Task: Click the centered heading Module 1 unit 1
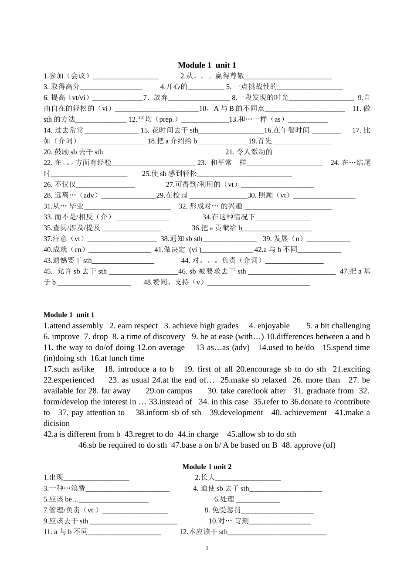pyautogui.click(x=207, y=65)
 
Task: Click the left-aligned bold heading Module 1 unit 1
pyautogui.click(x=69, y=315)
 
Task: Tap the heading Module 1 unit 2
pyautogui.click(x=207, y=467)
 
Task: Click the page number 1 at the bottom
pyautogui.click(x=207, y=548)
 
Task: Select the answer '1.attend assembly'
pyautogui.click(x=73, y=326)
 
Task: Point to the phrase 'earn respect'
pyautogui.click(x=138, y=326)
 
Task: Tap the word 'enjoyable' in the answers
pyautogui.click(x=273, y=326)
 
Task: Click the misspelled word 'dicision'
pyautogui.click(x=57, y=423)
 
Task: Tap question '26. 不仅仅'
pyautogui.click(x=60, y=184)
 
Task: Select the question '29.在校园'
pyautogui.click(x=172, y=195)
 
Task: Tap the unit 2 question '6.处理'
pyautogui.click(x=224, y=499)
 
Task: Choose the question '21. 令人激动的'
pyautogui.click(x=249, y=152)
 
